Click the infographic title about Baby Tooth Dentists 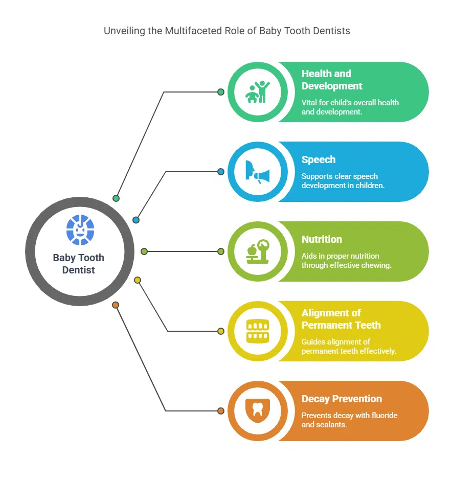(227, 31)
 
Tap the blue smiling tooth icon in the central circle (80, 230)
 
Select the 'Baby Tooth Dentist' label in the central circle (79, 264)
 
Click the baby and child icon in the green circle (258, 92)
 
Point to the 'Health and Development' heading (332, 80)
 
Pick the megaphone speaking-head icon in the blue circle (258, 172)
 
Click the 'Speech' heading (319, 159)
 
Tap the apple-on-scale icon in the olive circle (258, 251)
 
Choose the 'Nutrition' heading (322, 239)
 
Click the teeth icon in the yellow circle (258, 331)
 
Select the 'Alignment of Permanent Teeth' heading (341, 319)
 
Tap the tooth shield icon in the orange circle (258, 411)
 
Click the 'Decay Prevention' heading (342, 399)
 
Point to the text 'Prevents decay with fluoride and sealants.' (349, 420)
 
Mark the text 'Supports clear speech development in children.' (343, 180)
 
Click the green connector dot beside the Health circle (221, 92)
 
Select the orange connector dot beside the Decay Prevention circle (221, 411)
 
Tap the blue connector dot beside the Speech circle (221, 172)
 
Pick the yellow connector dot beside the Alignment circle (221, 331)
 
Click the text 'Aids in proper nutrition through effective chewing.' (346, 260)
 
